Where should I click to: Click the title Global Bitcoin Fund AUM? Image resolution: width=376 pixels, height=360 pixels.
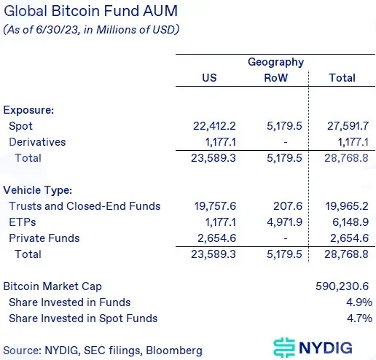pos(90,11)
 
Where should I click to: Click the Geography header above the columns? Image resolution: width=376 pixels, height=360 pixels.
pos(275,62)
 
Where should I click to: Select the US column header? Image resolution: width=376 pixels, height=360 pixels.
pos(209,78)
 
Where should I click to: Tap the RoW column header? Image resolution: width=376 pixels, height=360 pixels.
pos(275,78)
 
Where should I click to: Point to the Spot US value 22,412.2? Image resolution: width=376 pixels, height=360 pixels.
pos(214,126)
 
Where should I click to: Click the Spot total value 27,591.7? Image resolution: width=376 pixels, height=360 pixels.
pos(348,126)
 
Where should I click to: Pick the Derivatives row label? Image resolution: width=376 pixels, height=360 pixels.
pos(37,142)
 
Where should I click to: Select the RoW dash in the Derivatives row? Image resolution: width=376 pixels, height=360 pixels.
pos(286,142)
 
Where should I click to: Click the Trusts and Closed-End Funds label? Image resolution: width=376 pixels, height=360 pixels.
pos(85,206)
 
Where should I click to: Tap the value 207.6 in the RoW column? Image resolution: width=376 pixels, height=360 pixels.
pos(288,206)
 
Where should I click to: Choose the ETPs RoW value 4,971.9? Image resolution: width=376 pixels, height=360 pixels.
pos(284,222)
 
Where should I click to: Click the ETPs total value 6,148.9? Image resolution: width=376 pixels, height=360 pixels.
pos(350,222)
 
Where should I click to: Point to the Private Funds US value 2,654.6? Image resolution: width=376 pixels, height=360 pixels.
pos(216,238)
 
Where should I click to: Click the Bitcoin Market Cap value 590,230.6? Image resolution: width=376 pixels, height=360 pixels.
pos(342,286)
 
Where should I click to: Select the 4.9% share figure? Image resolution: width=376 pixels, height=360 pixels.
pos(359,302)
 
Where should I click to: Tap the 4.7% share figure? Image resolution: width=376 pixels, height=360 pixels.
pos(359,318)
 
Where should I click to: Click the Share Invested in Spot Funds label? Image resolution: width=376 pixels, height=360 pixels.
pos(83,318)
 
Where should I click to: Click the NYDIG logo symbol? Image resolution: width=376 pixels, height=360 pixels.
pos(284,348)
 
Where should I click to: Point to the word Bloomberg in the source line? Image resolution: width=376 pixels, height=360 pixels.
pos(174,351)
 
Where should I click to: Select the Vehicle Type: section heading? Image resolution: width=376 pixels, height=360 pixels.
pos(38,190)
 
